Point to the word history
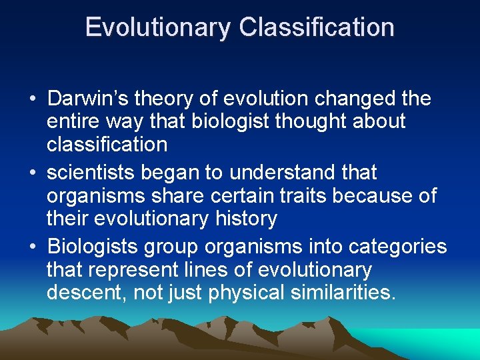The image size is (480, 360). point(244,218)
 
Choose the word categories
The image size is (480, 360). point(392,247)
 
